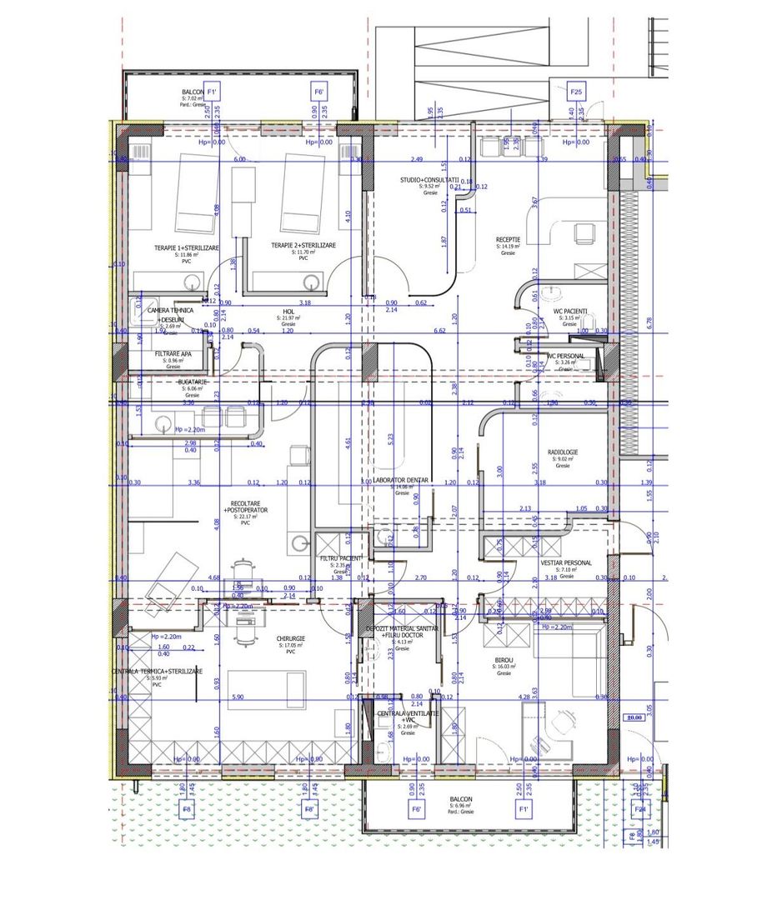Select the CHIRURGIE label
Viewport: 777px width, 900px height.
[292, 639]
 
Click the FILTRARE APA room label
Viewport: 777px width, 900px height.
[173, 354]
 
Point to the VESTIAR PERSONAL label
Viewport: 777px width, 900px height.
[566, 562]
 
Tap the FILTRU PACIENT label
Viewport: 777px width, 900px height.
[339, 558]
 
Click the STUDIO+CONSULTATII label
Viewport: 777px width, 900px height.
[429, 179]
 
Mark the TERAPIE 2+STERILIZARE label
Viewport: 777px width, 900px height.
[303, 246]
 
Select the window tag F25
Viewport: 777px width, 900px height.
[576, 91]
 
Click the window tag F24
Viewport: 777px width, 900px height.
[640, 808]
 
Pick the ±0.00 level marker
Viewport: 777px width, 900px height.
[634, 717]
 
